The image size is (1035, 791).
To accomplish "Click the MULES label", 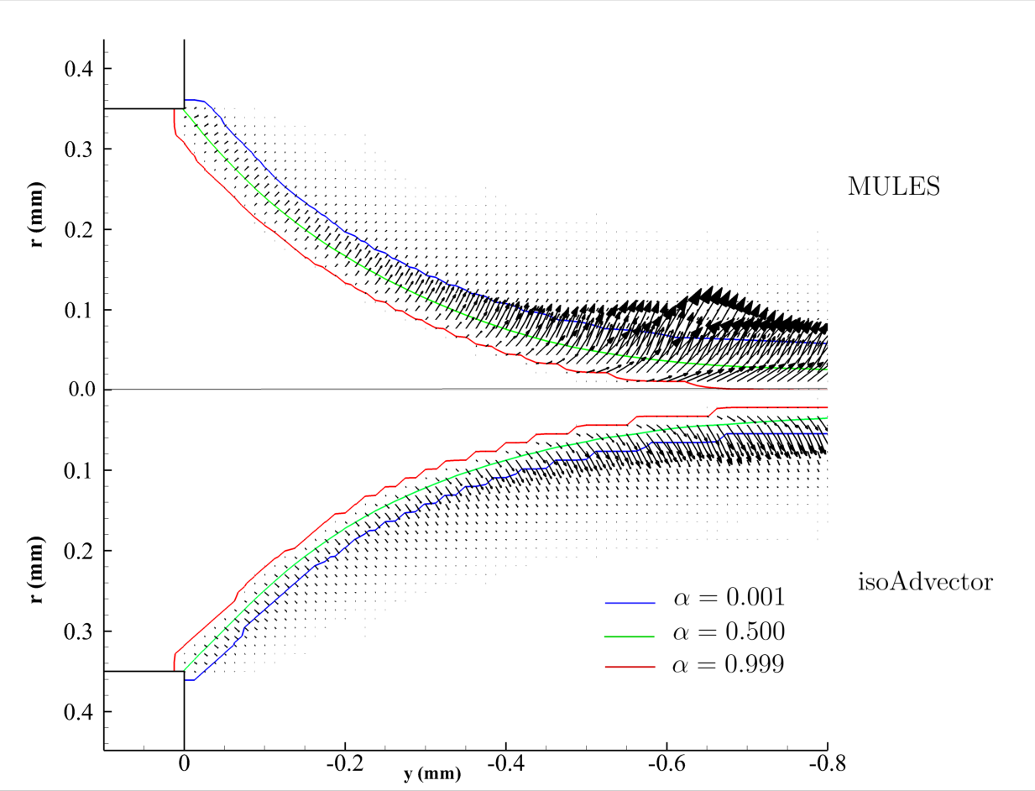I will pos(893,186).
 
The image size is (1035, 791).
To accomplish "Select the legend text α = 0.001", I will pos(729,599).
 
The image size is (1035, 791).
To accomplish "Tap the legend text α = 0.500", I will pos(729,631).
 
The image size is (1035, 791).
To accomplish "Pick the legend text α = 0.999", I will pos(729,664).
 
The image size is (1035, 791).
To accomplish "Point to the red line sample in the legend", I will pos(629,667).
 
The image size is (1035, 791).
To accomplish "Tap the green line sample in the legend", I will pos(629,635).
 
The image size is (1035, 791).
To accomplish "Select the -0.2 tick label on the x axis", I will pos(342,763).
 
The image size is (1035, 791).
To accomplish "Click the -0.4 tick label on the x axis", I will pos(503,763).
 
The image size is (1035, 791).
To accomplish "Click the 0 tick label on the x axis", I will pos(184,763).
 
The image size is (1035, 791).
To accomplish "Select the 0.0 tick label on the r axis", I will pos(77,390).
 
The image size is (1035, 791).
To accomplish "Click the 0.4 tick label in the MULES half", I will pos(77,69).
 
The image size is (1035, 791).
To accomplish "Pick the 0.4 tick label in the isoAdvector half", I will pos(77,712).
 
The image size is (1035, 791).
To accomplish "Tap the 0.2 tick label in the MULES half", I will pos(77,229).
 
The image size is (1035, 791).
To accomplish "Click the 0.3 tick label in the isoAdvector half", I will pos(77,631).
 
